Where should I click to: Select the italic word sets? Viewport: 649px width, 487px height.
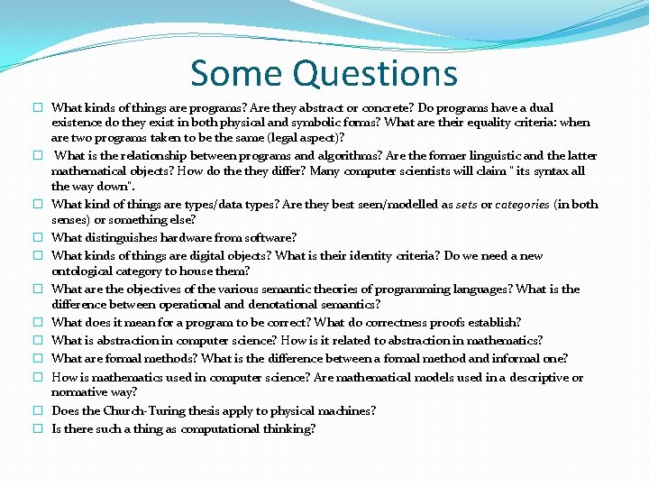point(466,205)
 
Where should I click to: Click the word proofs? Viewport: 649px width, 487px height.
point(437,322)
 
